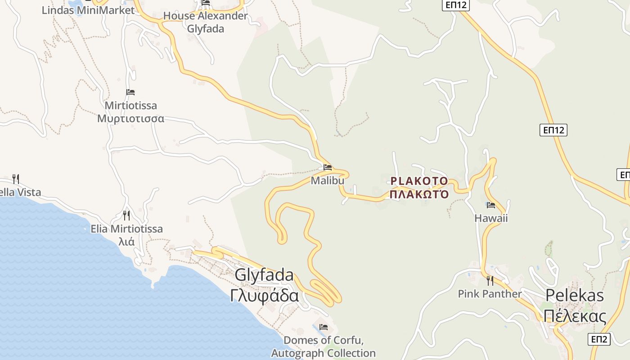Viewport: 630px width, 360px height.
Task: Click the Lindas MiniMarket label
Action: tap(88, 10)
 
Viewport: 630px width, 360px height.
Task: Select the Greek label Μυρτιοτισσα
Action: tap(130, 119)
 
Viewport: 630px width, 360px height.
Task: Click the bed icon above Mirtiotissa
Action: tap(130, 92)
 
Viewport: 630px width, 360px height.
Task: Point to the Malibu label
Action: tap(327, 180)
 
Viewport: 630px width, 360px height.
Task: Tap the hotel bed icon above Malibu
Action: tap(328, 167)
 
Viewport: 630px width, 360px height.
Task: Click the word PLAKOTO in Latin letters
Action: tap(419, 181)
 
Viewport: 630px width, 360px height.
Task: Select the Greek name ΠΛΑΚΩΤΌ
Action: tap(419, 194)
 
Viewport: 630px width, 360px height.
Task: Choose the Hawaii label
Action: tap(491, 218)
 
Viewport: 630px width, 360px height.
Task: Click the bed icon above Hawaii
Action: tap(491, 205)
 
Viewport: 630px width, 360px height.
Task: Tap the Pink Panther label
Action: tap(490, 294)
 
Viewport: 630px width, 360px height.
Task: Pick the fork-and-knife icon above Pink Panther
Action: tap(490, 281)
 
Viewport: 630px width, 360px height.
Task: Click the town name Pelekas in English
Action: tap(575, 295)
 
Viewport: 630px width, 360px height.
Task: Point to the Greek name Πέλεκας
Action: tap(575, 316)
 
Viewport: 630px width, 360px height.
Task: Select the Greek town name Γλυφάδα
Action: tap(264, 296)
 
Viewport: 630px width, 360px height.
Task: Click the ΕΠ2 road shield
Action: tap(599, 339)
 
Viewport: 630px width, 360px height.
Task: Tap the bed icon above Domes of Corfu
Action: tap(323, 327)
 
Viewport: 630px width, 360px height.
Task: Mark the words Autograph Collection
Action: tap(323, 353)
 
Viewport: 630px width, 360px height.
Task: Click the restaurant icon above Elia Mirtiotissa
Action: tap(126, 216)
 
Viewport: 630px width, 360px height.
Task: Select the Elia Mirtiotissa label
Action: tap(126, 229)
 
